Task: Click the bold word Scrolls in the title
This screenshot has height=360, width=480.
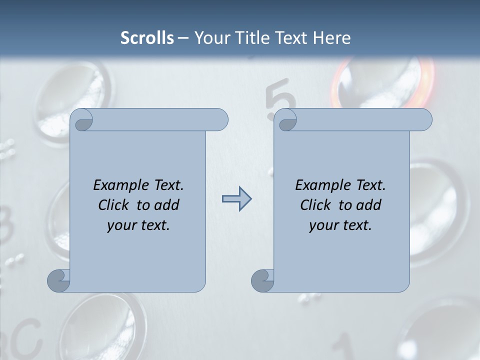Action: tap(147, 37)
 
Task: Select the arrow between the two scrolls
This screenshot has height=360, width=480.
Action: tap(236, 199)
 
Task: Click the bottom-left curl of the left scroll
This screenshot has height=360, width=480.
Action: tap(58, 280)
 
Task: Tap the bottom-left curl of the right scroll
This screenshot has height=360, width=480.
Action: tap(262, 280)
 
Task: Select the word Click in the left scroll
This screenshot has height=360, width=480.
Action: tap(113, 205)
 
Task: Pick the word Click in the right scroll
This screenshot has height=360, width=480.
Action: tap(315, 205)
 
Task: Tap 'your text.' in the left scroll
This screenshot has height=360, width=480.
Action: tap(138, 225)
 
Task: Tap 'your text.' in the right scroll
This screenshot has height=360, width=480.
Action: tap(340, 225)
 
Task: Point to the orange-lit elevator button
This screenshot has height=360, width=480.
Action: tap(382, 82)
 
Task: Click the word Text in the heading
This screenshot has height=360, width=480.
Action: tap(290, 37)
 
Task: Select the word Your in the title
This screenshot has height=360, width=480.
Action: tap(210, 37)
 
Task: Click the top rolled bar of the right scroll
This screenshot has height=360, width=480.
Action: tap(360, 120)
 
